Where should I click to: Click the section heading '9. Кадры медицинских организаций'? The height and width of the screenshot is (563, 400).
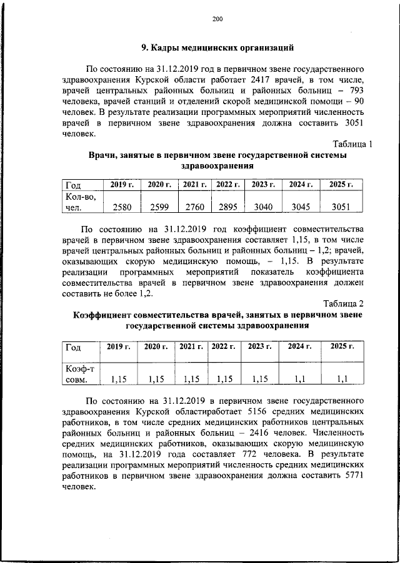click(x=217, y=48)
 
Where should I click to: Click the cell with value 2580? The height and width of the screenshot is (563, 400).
click(x=122, y=207)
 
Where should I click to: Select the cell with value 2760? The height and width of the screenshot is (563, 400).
click(x=195, y=207)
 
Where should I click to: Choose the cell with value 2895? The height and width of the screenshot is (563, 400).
click(x=227, y=207)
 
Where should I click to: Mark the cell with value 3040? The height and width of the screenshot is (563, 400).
click(x=263, y=207)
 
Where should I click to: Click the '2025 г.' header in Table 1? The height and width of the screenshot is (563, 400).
click(x=341, y=184)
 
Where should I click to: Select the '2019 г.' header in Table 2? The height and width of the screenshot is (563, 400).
click(x=119, y=346)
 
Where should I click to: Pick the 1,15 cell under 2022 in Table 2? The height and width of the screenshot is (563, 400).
click(x=224, y=378)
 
